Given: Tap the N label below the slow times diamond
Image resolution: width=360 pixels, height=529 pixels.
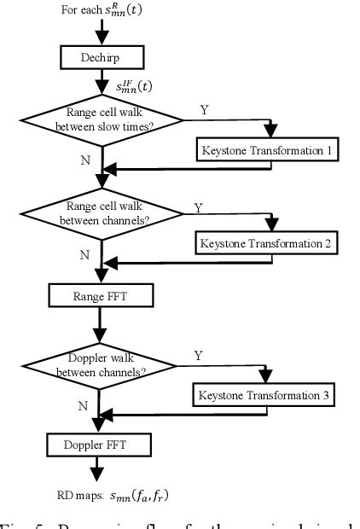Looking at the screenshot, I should [82, 159].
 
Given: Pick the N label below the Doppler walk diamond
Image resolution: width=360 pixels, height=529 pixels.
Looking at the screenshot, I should [82, 406].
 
